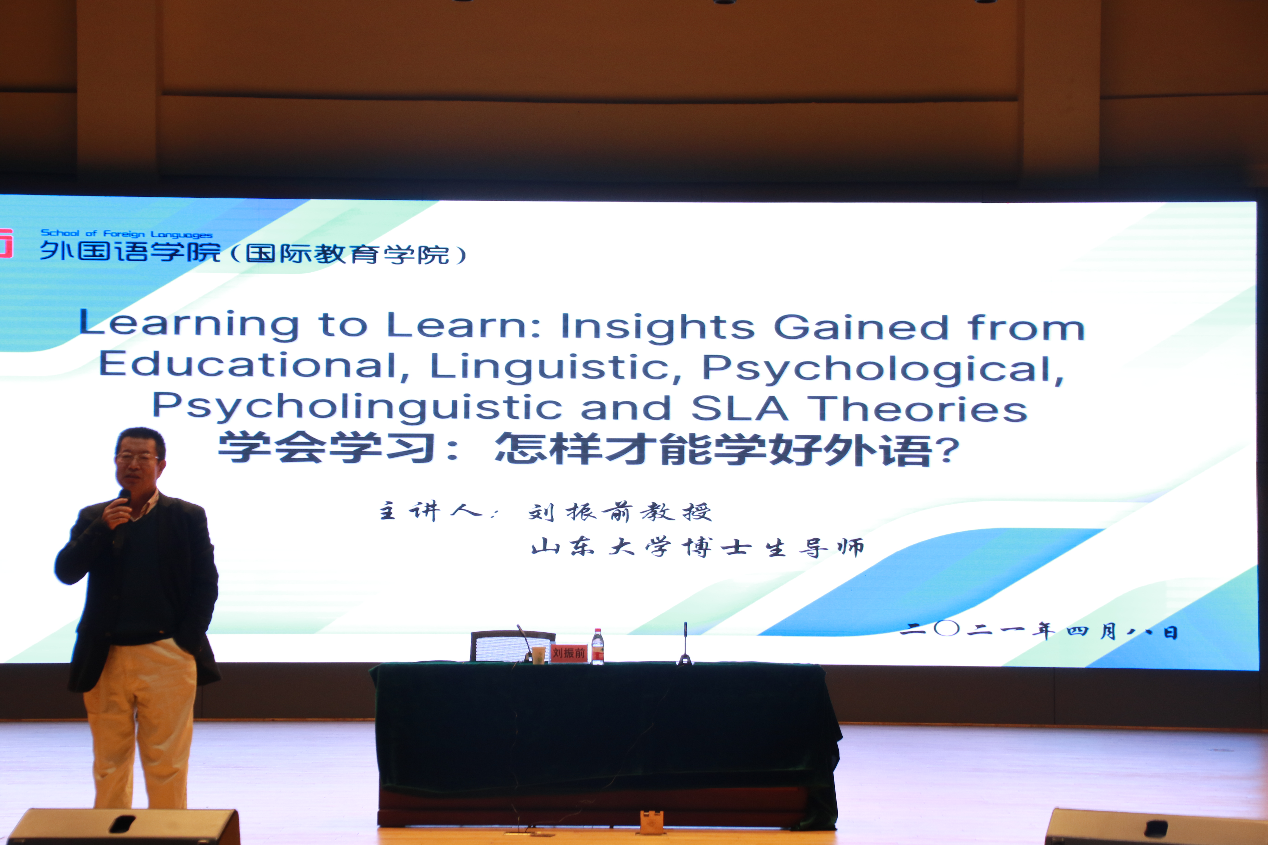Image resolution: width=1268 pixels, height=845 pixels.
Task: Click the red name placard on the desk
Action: coord(569,653)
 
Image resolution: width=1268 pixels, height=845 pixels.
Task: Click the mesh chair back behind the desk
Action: coord(512,646)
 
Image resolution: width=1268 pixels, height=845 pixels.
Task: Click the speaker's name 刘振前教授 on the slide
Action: coord(620,511)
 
